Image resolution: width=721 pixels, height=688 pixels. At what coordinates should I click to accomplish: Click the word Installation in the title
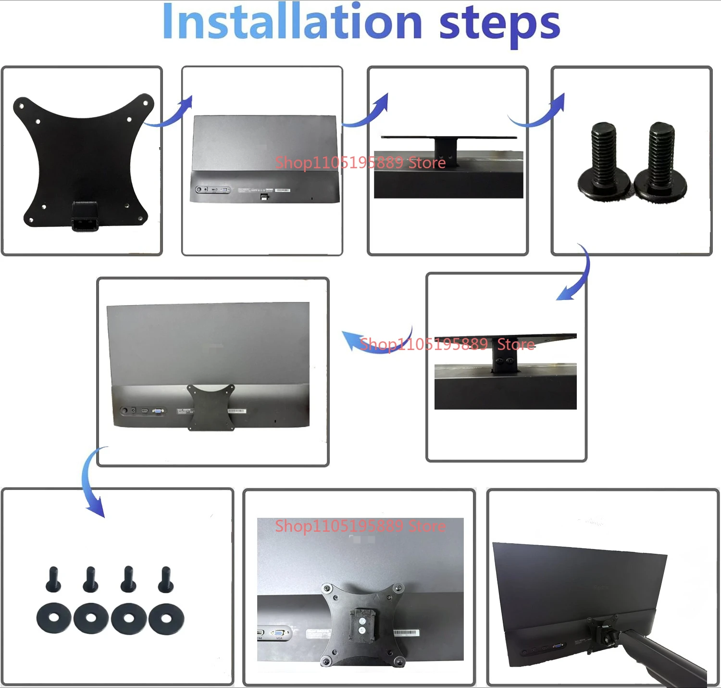pyautogui.click(x=292, y=23)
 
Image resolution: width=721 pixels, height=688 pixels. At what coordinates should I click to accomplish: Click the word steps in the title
pyautogui.click(x=499, y=24)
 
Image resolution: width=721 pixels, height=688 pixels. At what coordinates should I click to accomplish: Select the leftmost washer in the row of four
pyautogui.click(x=54, y=618)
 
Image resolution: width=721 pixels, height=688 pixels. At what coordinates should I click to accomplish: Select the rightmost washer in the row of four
pyautogui.click(x=166, y=618)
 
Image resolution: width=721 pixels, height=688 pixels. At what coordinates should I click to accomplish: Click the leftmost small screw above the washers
pyautogui.click(x=53, y=579)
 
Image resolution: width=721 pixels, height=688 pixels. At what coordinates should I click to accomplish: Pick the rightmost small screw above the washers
pyautogui.click(x=166, y=579)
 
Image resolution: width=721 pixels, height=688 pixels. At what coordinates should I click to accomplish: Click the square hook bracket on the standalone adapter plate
pyautogui.click(x=85, y=216)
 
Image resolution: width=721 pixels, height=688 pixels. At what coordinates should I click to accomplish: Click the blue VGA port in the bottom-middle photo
pyautogui.click(x=278, y=633)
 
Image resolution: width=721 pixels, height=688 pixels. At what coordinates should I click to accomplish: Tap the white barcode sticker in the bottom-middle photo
pyautogui.click(x=406, y=633)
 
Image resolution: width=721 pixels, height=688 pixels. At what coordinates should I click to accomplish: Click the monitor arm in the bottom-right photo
pyautogui.click(x=663, y=654)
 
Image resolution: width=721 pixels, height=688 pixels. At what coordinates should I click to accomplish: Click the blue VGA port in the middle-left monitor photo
pyautogui.click(x=158, y=411)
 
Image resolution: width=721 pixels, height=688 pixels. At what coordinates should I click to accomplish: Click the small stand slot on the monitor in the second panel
pyautogui.click(x=263, y=197)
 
